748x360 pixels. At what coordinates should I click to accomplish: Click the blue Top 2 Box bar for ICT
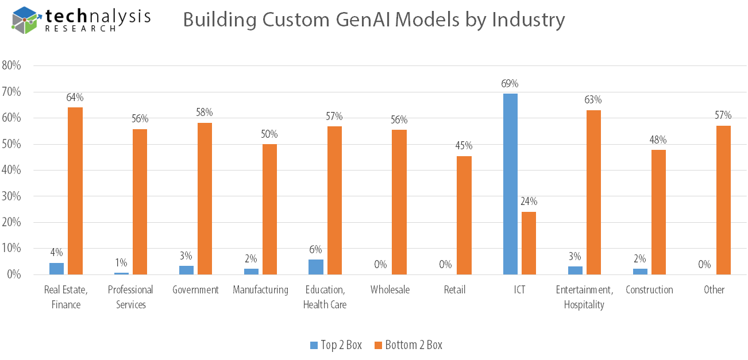[510, 184]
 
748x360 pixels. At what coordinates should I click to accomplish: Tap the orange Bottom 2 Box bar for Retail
[464, 215]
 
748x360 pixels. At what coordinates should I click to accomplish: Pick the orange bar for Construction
[658, 212]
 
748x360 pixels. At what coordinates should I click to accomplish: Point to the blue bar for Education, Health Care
[316, 267]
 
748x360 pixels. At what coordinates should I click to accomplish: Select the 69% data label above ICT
[510, 84]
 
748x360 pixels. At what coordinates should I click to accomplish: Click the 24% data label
[529, 202]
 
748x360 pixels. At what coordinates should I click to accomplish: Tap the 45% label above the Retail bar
[464, 146]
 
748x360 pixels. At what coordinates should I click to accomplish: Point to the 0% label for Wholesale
[380, 265]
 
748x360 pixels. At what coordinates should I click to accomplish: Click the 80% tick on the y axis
[11, 65]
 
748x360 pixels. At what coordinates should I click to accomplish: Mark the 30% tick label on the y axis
[11, 196]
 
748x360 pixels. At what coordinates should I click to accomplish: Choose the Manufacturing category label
[260, 290]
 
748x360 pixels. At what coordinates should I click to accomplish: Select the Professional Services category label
[130, 297]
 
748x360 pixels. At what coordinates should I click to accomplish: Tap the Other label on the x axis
[714, 290]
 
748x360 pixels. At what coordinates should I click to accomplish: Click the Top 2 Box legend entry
[336, 345]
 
